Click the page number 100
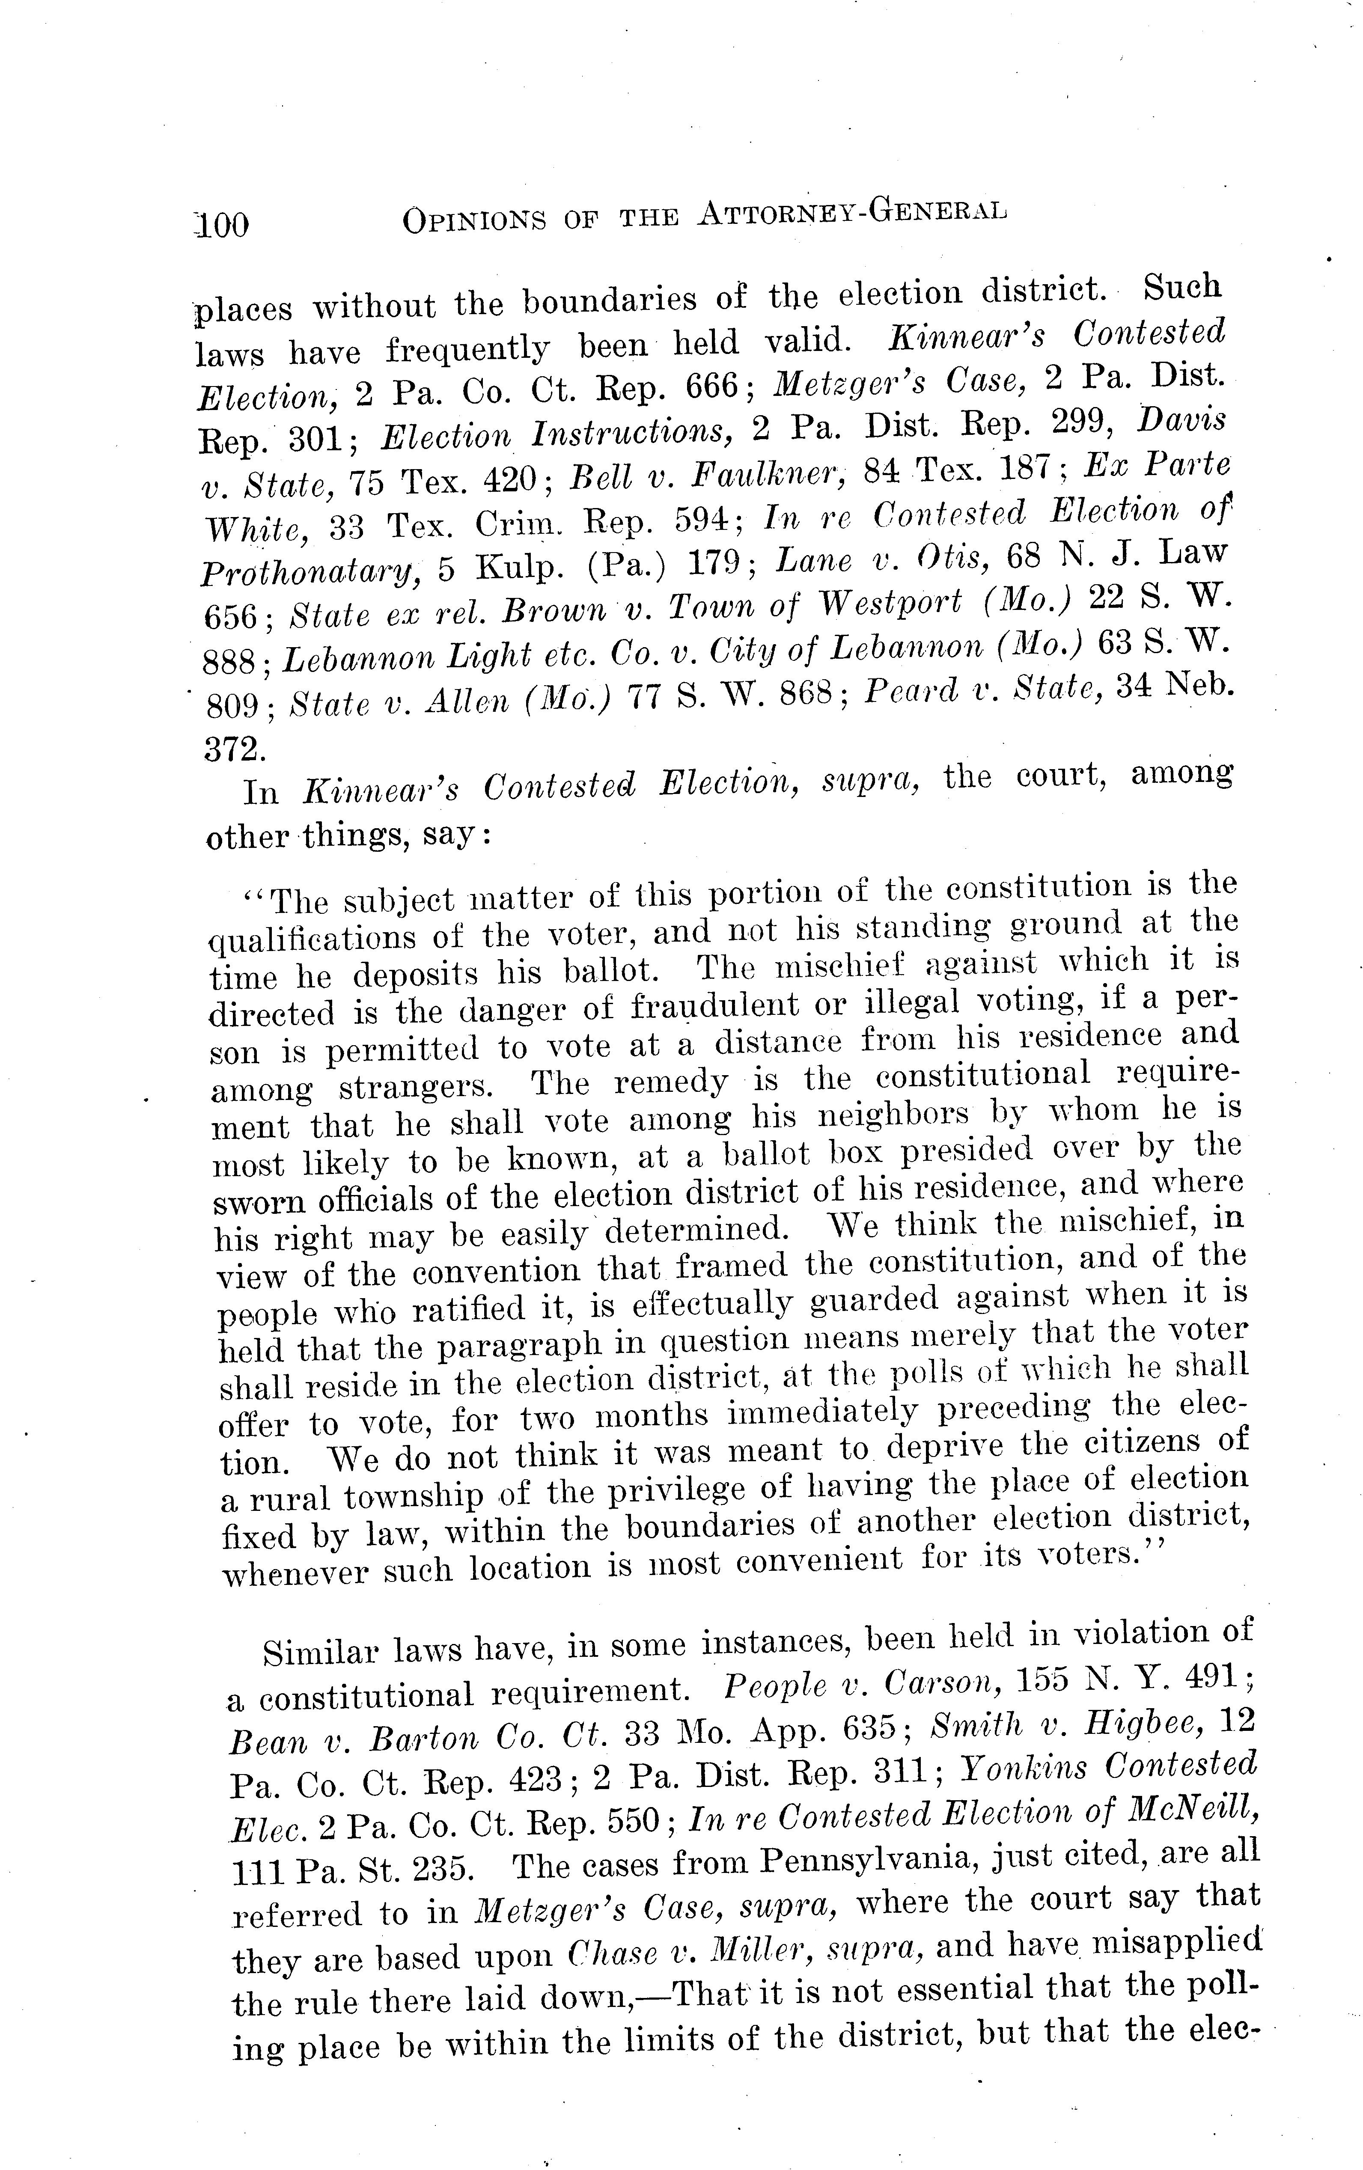pos(222,223)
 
